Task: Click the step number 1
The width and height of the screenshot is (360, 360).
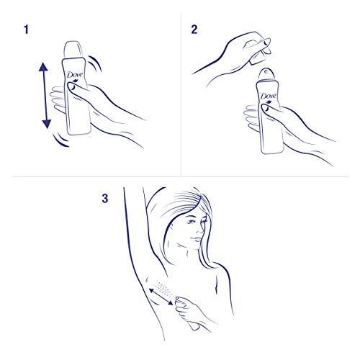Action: tap(26, 30)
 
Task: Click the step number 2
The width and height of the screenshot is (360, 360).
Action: tap(194, 30)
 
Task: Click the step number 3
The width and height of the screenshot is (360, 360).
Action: tap(105, 199)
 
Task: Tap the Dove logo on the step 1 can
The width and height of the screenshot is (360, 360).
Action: tap(75, 75)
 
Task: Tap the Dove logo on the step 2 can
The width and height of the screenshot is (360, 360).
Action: tap(269, 96)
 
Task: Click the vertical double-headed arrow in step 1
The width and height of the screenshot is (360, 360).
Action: tap(45, 95)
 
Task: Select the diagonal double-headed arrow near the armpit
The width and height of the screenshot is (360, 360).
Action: tap(161, 297)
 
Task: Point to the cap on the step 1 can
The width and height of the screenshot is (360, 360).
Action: tap(73, 50)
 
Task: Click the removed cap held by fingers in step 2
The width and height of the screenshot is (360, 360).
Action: tap(261, 54)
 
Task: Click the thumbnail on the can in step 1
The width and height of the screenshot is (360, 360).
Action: tap(71, 87)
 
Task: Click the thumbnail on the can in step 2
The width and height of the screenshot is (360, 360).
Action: tap(265, 109)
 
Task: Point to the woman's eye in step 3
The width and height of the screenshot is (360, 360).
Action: tap(192, 222)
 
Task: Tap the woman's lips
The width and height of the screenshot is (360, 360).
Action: tap(197, 239)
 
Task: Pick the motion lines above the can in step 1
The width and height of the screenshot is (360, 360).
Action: tap(96, 63)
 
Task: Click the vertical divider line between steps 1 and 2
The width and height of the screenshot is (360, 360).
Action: tap(181, 95)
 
